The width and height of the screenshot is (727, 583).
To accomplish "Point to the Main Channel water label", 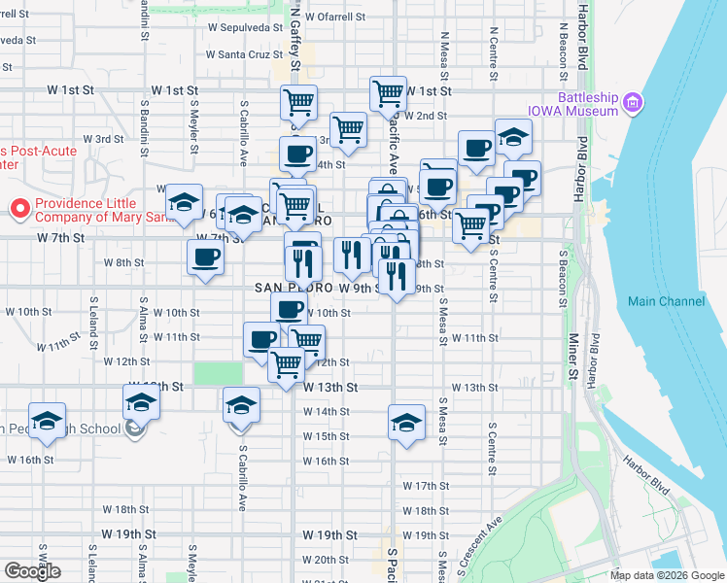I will (666, 301).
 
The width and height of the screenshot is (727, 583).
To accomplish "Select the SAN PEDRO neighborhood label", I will (290, 289).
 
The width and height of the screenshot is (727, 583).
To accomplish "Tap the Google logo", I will (32, 570).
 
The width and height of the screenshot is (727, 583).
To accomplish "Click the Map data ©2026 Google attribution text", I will (667, 575).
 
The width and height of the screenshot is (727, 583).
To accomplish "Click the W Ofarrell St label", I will (334, 17).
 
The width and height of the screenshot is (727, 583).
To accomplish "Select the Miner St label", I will (573, 357).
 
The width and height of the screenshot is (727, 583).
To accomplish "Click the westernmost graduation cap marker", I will (47, 420).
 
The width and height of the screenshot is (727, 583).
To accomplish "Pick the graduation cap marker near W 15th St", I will (406, 422).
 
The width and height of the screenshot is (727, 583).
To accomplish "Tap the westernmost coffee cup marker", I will (205, 257).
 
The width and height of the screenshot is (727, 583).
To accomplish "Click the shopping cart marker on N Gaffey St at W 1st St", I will (298, 101).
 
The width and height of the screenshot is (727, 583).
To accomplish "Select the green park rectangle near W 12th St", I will (218, 373).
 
